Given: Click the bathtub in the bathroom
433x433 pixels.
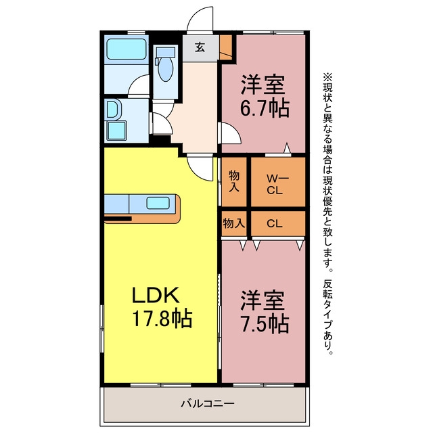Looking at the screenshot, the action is point(127,49).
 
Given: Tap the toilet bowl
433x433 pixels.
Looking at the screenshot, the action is point(166,69).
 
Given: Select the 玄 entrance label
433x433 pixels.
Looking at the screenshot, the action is point(200,47).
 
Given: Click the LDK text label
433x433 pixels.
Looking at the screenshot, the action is point(156,295).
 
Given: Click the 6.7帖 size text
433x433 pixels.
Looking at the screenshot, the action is point(265,108).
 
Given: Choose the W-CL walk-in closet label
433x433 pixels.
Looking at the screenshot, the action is point(277,184).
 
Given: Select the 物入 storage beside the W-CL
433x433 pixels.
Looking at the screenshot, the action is point(234,181).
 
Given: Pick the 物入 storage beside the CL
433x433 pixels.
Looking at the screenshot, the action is point(234,223).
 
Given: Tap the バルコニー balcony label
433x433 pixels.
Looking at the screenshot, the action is point(208,403).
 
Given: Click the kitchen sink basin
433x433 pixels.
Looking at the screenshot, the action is point(158,203).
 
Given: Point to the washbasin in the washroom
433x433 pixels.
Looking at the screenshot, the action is point(112,110).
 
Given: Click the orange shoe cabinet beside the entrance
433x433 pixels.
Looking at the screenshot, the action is point(226,47).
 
